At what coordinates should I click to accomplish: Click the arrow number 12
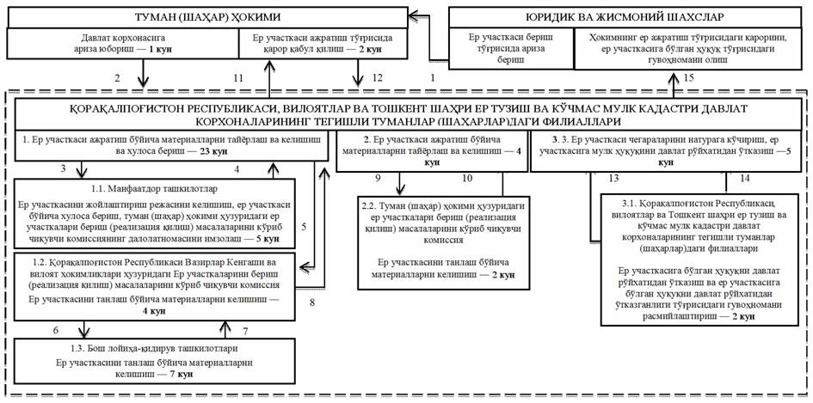click(378, 78)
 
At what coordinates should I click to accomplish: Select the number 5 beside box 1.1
click(304, 227)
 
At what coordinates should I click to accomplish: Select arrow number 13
click(613, 179)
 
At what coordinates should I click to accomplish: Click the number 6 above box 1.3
click(57, 330)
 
